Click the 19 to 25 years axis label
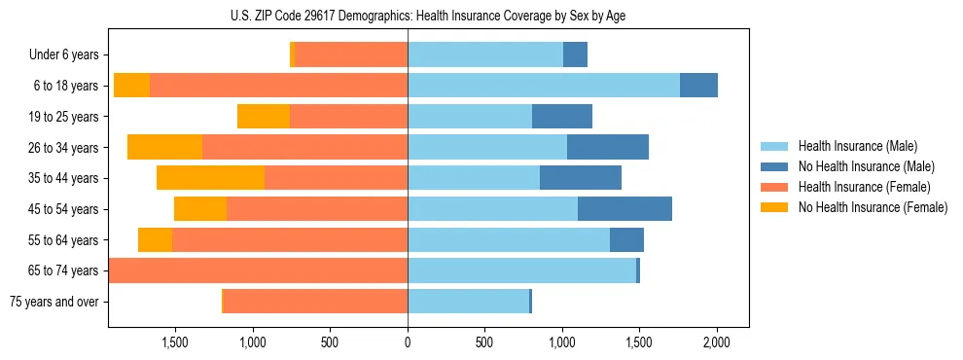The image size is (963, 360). [x=62, y=117]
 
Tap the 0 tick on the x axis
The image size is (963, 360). [x=408, y=342]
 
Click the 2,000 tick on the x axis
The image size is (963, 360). [x=717, y=342]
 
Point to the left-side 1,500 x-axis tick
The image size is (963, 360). [x=175, y=342]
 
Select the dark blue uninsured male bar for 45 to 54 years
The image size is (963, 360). [x=624, y=209]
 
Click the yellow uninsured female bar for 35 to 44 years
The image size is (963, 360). [x=210, y=178]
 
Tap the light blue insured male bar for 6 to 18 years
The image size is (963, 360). [x=543, y=86]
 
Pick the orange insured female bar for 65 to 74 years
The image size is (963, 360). [x=258, y=270]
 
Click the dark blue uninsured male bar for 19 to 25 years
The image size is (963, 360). [x=562, y=117]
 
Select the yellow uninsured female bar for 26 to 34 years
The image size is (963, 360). [x=164, y=147]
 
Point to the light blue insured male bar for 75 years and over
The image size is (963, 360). [x=468, y=302]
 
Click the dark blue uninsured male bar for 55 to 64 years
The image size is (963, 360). [x=626, y=239]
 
